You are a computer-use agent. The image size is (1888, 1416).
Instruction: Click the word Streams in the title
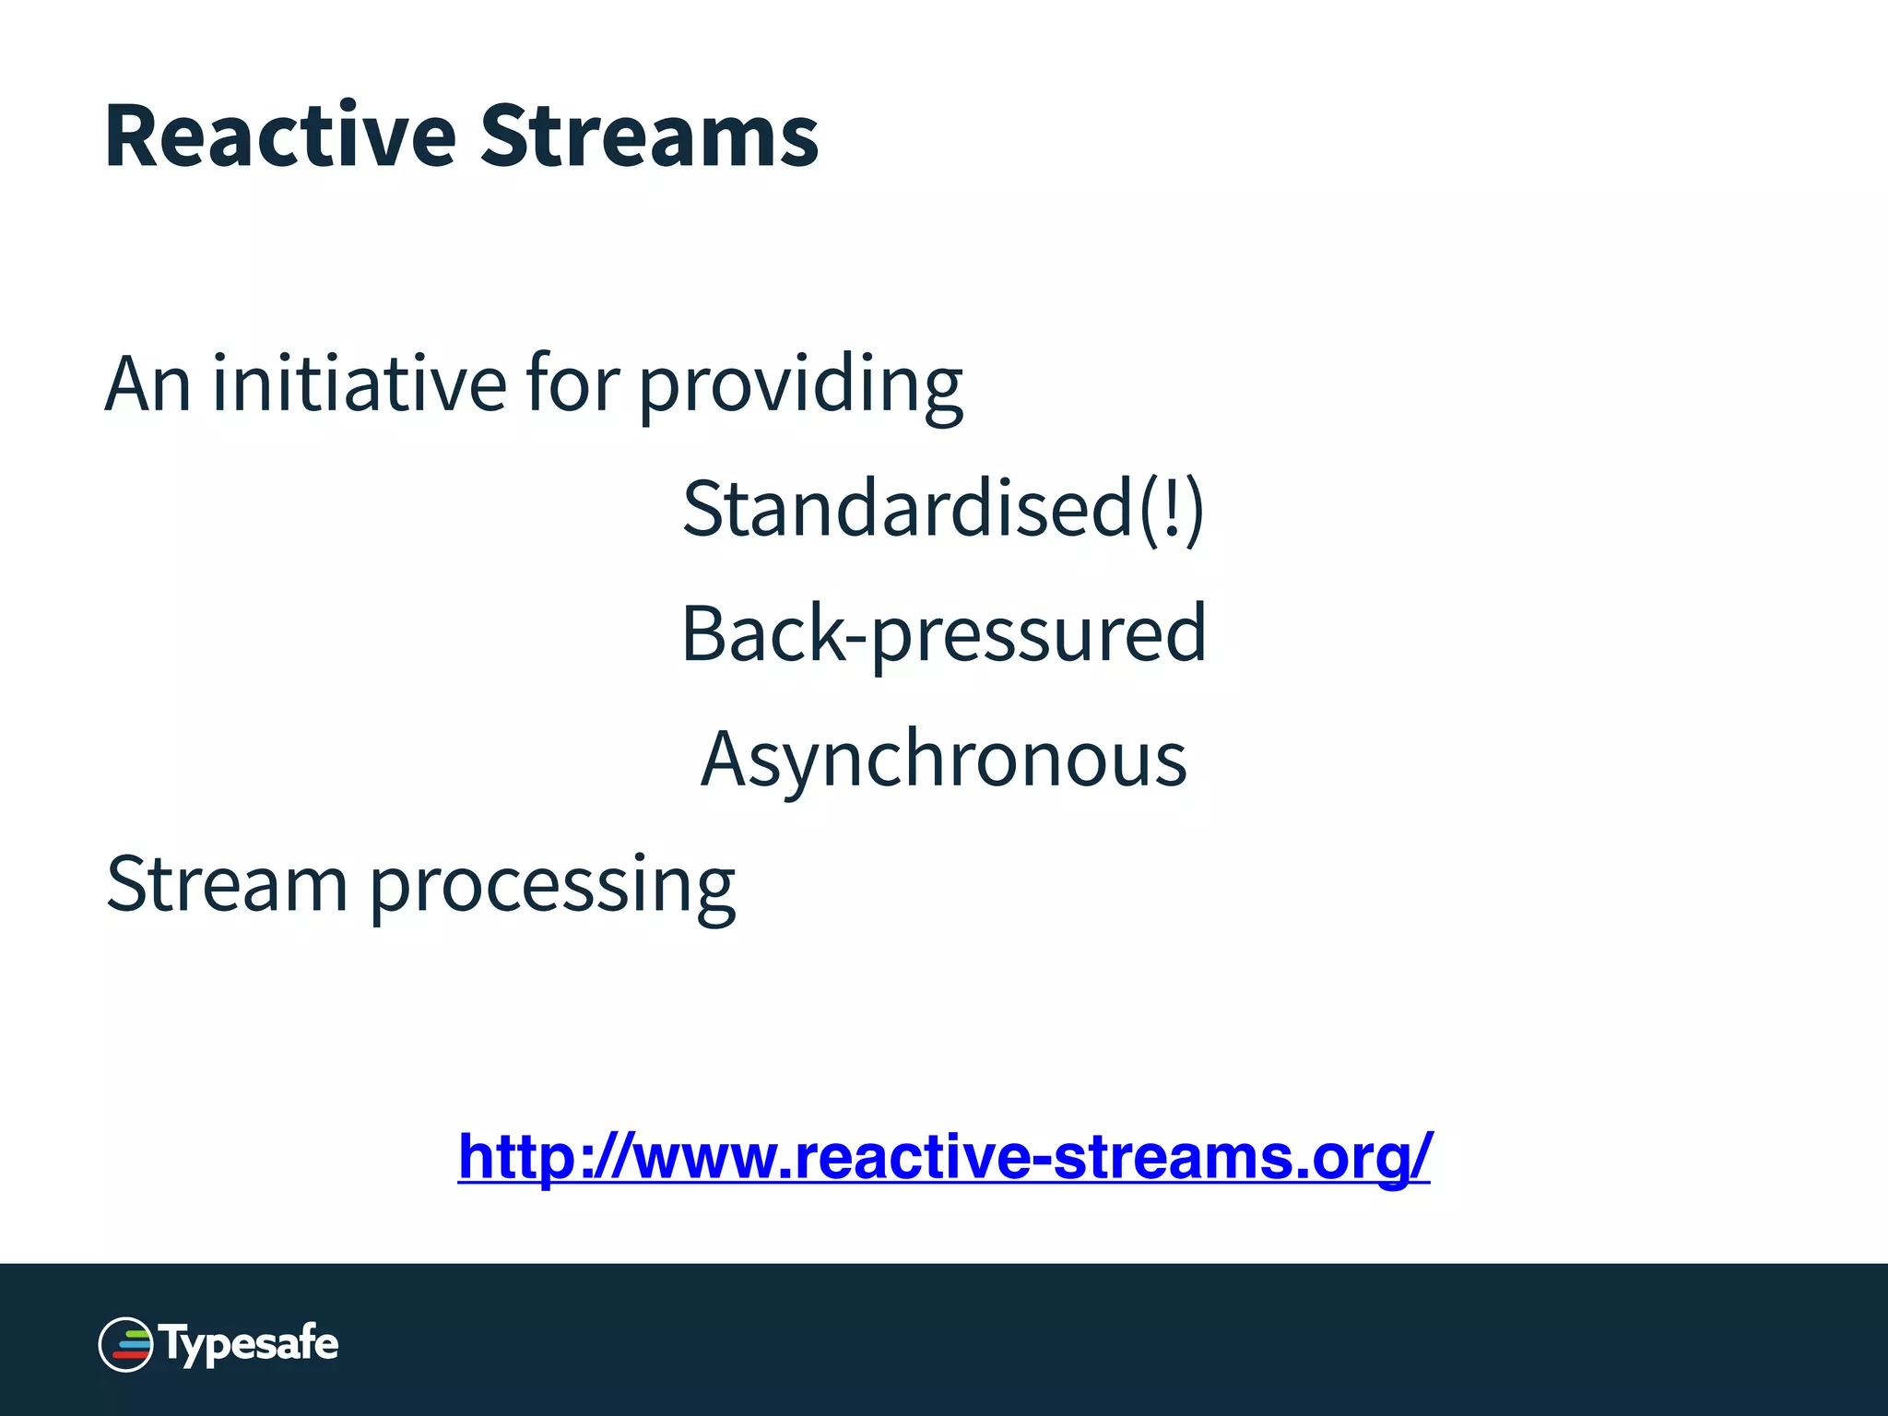click(x=649, y=136)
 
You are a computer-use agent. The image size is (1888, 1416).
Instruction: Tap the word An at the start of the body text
click(x=147, y=383)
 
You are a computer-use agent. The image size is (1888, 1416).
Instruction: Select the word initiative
click(x=360, y=383)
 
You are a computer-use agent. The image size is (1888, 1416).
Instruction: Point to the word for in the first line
click(x=572, y=383)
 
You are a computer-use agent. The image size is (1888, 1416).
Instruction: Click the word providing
click(x=800, y=387)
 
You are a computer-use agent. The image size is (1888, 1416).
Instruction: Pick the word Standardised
click(x=907, y=509)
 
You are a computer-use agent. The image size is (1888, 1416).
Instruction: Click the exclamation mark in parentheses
click(x=1172, y=509)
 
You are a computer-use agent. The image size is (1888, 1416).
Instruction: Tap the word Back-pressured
click(x=943, y=634)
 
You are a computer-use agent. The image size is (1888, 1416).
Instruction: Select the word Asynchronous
click(x=943, y=760)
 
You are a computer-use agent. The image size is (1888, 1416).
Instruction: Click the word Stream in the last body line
click(x=227, y=883)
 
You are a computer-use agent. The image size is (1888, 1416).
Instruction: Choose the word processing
click(x=552, y=887)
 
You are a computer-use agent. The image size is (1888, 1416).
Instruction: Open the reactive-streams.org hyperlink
click(x=943, y=1156)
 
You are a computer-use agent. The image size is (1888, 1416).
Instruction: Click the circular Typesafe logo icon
click(x=125, y=1344)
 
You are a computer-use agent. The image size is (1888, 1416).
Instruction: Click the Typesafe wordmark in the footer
click(x=250, y=1344)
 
